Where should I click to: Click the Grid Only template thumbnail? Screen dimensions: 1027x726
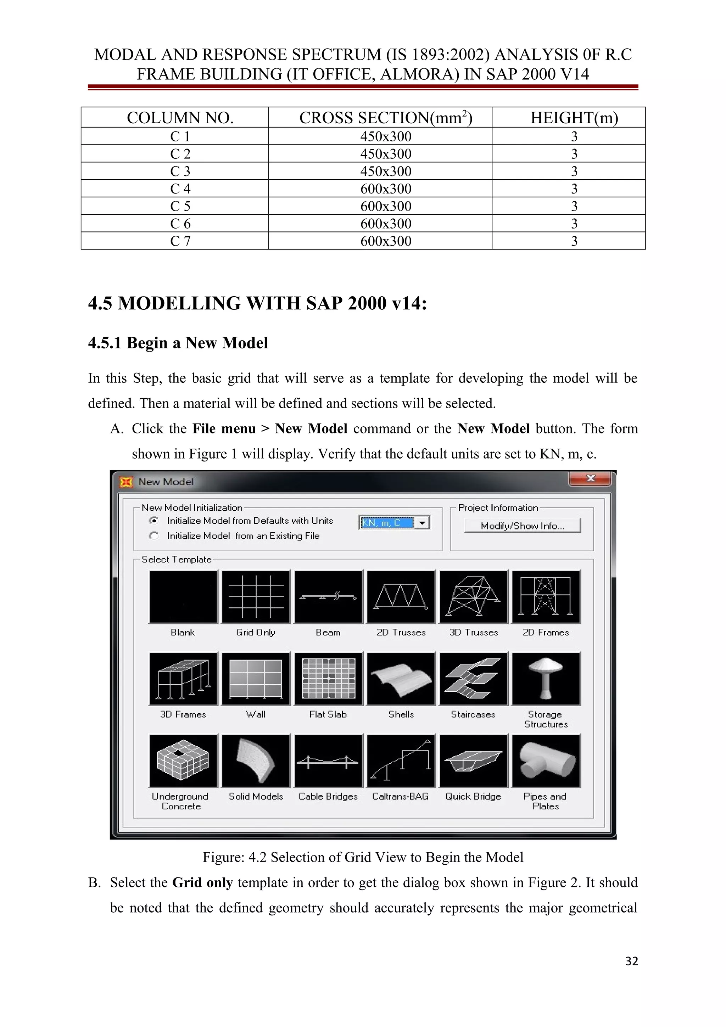(x=256, y=597)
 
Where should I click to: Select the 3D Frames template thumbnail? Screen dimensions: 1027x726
(x=183, y=679)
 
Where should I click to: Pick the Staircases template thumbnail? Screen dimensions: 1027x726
(x=473, y=679)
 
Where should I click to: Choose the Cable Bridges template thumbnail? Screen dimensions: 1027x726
(x=328, y=761)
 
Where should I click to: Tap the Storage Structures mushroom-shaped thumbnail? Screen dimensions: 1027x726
(x=546, y=679)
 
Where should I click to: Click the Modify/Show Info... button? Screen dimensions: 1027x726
(x=522, y=526)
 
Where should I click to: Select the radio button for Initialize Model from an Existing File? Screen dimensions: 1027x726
(x=154, y=535)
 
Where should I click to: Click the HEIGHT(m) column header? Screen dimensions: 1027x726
(x=574, y=118)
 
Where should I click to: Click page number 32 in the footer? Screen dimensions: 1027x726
(x=631, y=961)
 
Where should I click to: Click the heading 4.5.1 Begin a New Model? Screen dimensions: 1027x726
(x=178, y=343)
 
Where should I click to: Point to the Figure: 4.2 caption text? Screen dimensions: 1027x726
(x=363, y=857)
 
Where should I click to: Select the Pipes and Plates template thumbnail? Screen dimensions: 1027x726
(x=546, y=761)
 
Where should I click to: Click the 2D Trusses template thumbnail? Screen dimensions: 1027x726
(x=401, y=597)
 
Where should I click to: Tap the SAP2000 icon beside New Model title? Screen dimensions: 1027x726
(x=127, y=482)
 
